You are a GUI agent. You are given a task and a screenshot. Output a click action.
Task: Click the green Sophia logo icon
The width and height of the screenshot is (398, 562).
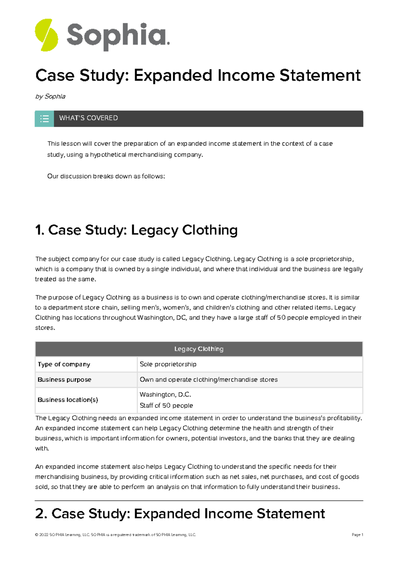46,35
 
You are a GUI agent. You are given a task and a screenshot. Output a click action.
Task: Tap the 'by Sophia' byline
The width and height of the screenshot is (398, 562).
50,96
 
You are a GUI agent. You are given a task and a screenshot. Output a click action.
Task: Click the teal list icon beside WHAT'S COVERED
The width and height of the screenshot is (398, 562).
44,118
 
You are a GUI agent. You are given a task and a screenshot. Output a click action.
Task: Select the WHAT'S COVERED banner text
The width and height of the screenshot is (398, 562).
88,118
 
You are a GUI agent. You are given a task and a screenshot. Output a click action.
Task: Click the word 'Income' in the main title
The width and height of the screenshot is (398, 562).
246,75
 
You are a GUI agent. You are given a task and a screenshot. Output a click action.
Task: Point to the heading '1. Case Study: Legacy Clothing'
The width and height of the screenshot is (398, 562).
136,230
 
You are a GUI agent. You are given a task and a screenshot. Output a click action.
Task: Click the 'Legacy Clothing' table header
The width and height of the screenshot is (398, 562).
199,349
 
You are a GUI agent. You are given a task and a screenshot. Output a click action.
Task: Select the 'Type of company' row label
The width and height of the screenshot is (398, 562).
64,364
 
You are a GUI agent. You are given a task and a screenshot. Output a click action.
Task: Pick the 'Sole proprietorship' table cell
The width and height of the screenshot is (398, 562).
168,364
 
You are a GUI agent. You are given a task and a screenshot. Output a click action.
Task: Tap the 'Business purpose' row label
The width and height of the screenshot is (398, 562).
64,380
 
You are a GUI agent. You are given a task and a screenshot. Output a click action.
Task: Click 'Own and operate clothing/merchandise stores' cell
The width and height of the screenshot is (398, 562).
209,380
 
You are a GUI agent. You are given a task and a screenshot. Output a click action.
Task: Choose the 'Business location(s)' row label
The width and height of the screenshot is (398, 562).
68,400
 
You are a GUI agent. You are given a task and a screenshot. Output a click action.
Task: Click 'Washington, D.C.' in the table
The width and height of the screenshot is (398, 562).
165,395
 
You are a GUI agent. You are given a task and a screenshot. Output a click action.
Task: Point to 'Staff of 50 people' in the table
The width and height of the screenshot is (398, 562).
166,405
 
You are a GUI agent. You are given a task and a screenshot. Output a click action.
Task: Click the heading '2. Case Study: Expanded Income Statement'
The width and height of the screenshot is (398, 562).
180,514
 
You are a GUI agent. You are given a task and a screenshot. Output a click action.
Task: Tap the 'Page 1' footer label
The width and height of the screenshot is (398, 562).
357,535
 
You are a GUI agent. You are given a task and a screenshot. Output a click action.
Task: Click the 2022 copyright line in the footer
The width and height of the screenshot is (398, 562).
115,535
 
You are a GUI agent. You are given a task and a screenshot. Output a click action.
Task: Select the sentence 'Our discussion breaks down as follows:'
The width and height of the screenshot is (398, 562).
106,176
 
